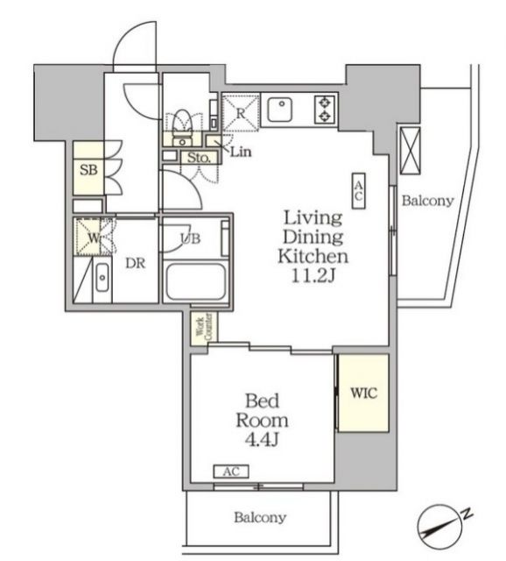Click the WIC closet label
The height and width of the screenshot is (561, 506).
(364, 394)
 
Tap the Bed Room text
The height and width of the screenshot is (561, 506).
(262, 420)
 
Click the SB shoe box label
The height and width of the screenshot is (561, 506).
(88, 170)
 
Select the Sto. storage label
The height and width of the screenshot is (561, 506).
(198, 158)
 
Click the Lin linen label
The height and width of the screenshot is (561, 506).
(242, 153)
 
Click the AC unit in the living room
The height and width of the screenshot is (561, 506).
(359, 189)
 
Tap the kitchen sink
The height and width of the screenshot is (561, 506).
(282, 110)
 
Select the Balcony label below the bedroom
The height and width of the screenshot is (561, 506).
(259, 518)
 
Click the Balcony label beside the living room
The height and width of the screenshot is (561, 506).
(427, 201)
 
